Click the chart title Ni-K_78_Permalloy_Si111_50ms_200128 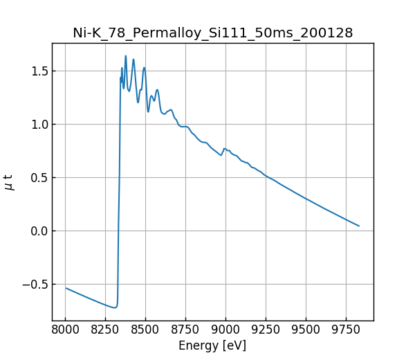point(213,33)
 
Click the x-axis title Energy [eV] point(212,345)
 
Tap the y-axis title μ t point(9,182)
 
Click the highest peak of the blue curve point(125,56)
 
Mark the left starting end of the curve point(66,288)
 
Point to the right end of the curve point(359,226)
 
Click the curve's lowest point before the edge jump point(115,307)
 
